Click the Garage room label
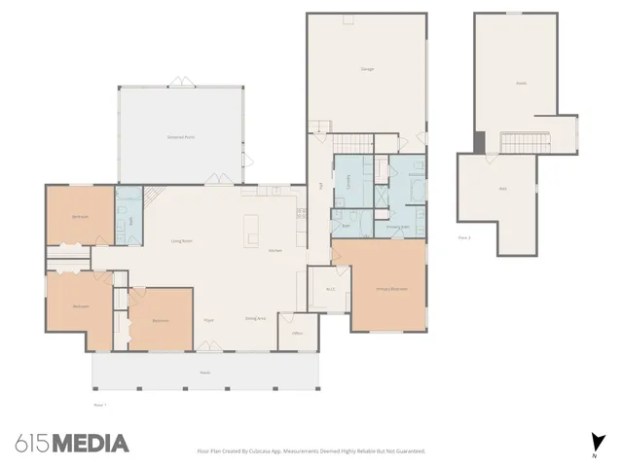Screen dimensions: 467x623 [367, 69]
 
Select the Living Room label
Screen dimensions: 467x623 [180, 240]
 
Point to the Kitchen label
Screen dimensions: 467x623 [275, 250]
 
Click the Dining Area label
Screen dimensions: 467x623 [255, 318]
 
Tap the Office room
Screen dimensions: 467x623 [298, 332]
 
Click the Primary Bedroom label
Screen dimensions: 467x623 [389, 289]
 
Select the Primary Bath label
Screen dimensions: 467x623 [398, 227]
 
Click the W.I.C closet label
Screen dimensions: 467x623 [329, 288]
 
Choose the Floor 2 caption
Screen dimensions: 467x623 [464, 236]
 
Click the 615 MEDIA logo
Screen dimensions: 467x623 [73, 444]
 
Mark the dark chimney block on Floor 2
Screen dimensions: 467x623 [480, 142]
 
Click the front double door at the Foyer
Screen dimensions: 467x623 [208, 344]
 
